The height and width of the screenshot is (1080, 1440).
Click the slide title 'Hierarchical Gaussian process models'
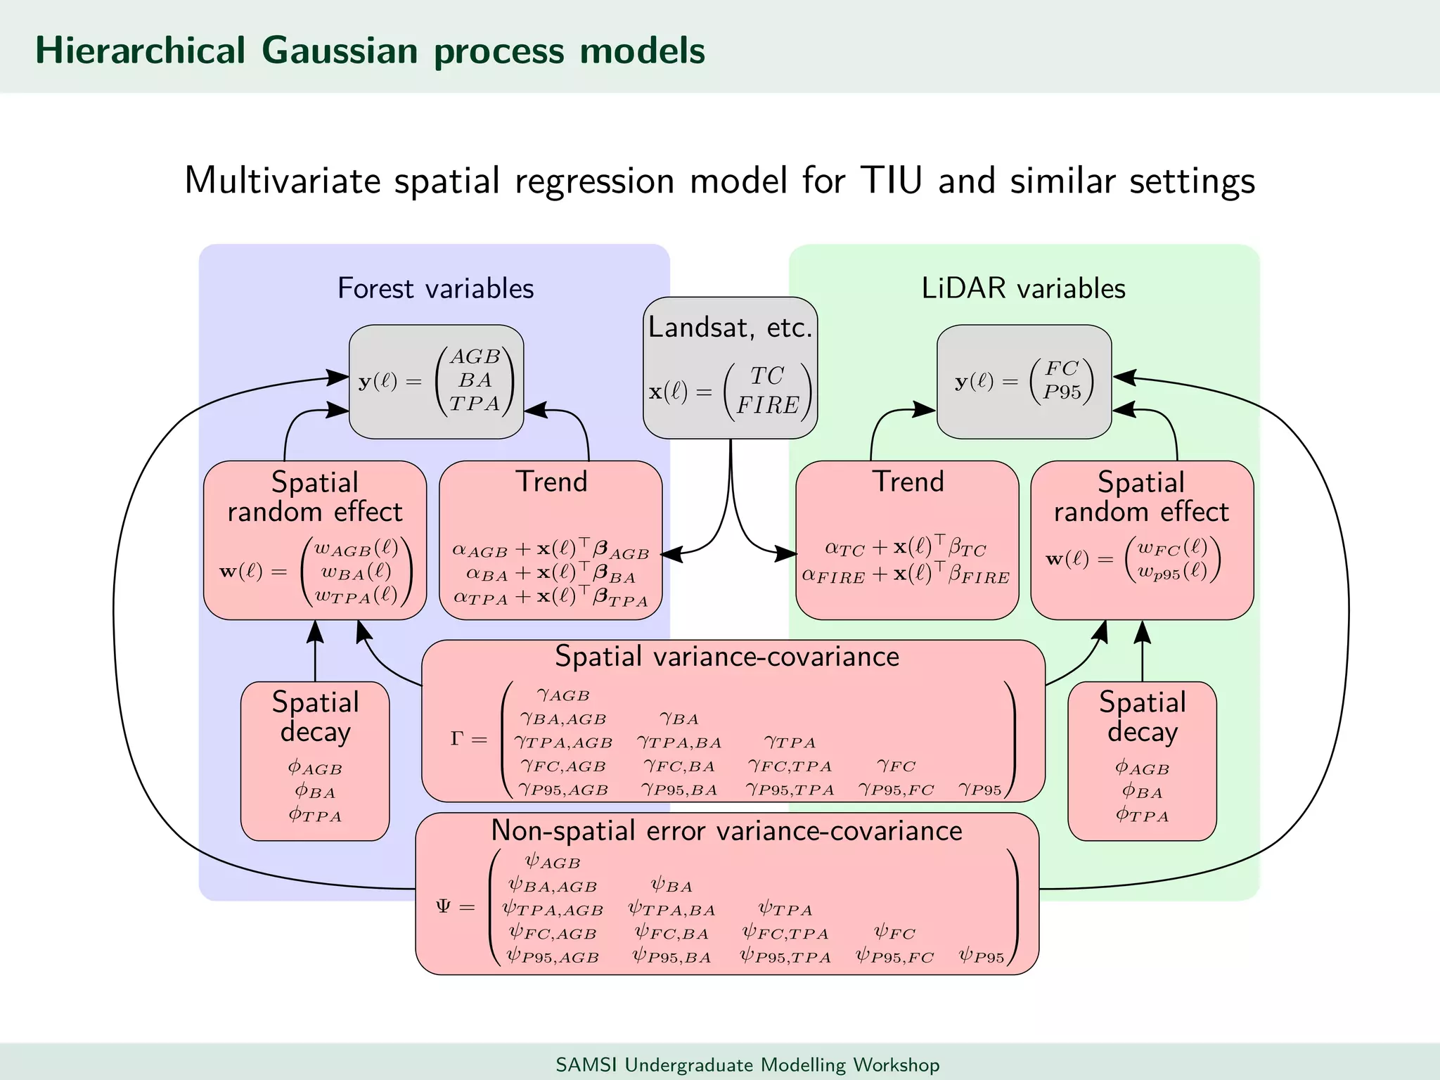(370, 51)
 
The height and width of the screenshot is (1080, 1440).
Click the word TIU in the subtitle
(890, 181)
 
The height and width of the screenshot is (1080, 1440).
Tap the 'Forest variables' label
(435, 288)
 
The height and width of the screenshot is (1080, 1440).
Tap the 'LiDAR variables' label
(1023, 288)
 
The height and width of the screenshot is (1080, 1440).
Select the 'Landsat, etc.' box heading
(730, 328)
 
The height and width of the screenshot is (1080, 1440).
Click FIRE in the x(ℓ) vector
(767, 405)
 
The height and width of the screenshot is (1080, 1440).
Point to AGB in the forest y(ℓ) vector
(475, 357)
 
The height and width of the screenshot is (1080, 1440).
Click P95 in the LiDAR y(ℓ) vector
(1062, 392)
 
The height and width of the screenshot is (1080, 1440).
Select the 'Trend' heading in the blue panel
(551, 482)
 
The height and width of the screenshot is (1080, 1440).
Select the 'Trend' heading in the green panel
(907, 482)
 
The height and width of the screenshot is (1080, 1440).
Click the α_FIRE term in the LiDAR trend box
(833, 576)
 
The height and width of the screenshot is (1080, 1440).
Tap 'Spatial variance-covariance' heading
(727, 656)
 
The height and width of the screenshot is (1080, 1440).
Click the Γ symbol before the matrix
(457, 738)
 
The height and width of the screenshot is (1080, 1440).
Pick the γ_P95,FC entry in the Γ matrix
(896, 790)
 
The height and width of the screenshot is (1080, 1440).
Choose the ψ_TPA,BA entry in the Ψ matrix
(671, 910)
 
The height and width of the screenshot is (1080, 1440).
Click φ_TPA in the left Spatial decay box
(314, 816)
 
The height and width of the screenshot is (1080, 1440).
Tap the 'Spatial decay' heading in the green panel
(1142, 716)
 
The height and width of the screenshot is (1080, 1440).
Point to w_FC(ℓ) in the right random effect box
(1172, 548)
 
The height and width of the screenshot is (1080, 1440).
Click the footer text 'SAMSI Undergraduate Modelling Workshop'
(747, 1065)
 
